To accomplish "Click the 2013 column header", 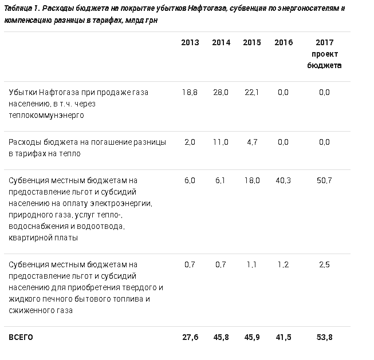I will pos(190,43).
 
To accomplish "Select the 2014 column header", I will pos(221,43).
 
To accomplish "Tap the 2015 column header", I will pos(251,43).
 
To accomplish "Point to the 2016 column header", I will pos(283,43).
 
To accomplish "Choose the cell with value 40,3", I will pos(283,180).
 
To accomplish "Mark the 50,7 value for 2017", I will pos(324,180).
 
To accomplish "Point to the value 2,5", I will pos(324,264).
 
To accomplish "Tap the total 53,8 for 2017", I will pos(324,338).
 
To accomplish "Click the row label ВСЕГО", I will pos(21,338).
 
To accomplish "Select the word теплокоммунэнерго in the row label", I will pos(46,115).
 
